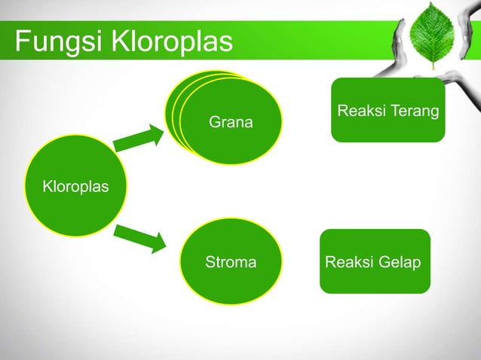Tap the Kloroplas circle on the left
click(75, 186)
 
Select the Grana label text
click(231, 122)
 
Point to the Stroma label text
click(230, 263)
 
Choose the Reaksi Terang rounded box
click(388, 110)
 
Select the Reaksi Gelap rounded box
click(375, 261)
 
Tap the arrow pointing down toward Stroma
click(140, 238)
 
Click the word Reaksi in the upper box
click(360, 111)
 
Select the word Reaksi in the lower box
click(348, 263)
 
